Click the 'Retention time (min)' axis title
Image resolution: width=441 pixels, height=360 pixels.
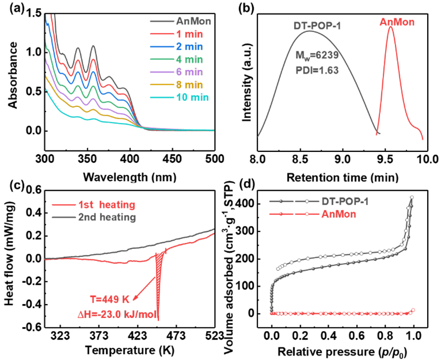coord(342,177)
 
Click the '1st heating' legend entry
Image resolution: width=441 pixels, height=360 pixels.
coord(107,205)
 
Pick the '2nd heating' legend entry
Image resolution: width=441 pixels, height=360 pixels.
coord(107,217)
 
